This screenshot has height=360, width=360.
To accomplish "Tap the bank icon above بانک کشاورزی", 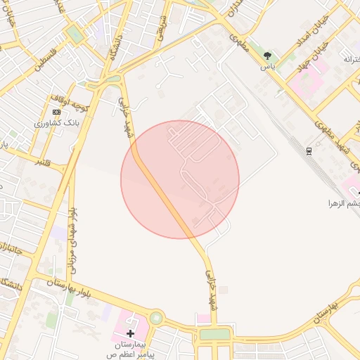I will (56, 112).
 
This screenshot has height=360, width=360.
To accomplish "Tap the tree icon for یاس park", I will (267, 56).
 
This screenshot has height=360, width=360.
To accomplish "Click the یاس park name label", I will (267, 66).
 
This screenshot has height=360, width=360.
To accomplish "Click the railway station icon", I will (309, 151).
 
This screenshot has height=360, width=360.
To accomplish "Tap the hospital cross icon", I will (130, 332).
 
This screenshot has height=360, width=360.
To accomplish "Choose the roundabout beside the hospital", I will (155, 319).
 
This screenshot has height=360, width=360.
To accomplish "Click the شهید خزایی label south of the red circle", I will (211, 290).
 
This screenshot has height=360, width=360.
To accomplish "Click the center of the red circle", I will (180, 179).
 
